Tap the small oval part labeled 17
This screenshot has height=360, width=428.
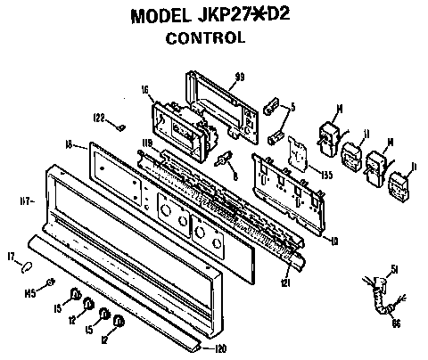[29, 265]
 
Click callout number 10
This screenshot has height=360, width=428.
[334, 241]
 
